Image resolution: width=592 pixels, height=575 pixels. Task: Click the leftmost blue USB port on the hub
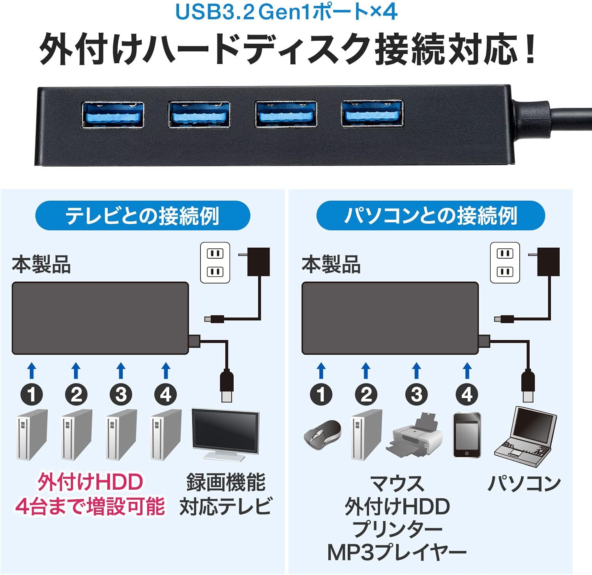click(x=112, y=115)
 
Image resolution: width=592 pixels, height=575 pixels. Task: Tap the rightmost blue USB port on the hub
click(x=372, y=113)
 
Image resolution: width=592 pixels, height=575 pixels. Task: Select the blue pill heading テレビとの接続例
click(x=142, y=216)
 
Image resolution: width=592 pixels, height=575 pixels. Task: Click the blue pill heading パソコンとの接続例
click(x=431, y=216)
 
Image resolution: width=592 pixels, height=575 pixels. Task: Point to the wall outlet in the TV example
click(x=215, y=263)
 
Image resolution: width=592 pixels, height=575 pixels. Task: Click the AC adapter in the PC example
click(x=548, y=262)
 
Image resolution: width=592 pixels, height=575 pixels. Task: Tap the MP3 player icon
click(x=467, y=435)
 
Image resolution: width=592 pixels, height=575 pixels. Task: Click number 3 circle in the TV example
click(x=121, y=394)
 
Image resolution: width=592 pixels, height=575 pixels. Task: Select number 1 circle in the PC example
click(x=321, y=394)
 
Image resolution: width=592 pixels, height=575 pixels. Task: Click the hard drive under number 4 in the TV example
click(x=166, y=435)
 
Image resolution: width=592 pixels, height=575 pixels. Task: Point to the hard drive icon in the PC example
click(x=367, y=435)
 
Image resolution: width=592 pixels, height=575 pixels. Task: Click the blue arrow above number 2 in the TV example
click(x=76, y=370)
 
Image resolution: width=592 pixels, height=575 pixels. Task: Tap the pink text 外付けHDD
click(x=90, y=482)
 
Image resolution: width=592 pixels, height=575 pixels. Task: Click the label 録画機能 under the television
click(x=226, y=483)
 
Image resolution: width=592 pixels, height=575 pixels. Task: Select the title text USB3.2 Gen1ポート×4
click(x=286, y=12)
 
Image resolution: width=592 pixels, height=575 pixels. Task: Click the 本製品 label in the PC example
click(x=331, y=264)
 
